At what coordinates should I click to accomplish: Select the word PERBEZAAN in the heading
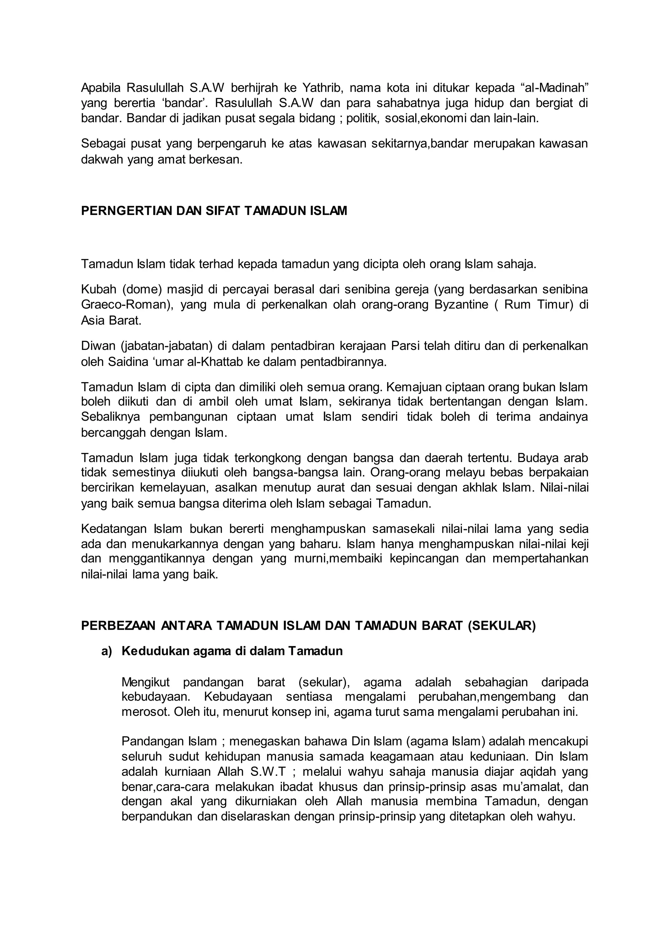point(118,626)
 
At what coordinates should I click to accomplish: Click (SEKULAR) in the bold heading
point(502,626)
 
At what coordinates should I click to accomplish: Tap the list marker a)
point(107,651)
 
